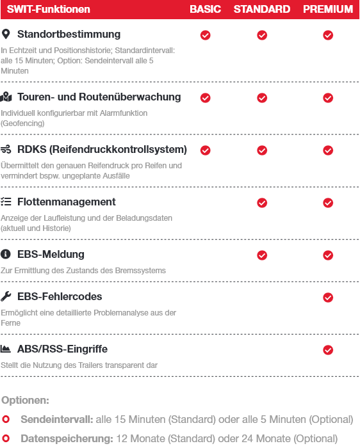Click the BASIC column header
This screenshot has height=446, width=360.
205,9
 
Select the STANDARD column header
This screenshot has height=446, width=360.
262,9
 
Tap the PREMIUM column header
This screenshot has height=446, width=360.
328,9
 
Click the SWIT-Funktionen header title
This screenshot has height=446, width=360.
49,9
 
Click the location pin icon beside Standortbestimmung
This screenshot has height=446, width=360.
6,34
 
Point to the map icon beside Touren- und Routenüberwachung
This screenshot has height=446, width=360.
6,97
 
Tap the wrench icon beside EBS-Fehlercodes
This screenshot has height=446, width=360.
6,296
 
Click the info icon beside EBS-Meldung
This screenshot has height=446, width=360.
6,254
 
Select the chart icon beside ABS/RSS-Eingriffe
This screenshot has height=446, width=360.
6,349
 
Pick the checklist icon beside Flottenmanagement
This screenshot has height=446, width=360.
6,202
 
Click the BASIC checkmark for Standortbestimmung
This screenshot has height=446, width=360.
206,35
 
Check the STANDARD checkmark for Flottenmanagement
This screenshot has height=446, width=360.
262,203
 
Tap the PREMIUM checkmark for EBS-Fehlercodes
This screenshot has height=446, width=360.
328,298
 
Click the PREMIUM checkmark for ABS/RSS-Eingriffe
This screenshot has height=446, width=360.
328,350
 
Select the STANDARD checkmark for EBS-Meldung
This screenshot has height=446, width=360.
262,255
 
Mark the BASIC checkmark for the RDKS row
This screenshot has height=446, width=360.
206,150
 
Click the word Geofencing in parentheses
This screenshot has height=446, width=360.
22,123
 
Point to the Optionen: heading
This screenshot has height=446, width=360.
26,400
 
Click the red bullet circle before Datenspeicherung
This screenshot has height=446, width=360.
6,438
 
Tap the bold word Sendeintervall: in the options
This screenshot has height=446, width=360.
57,419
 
